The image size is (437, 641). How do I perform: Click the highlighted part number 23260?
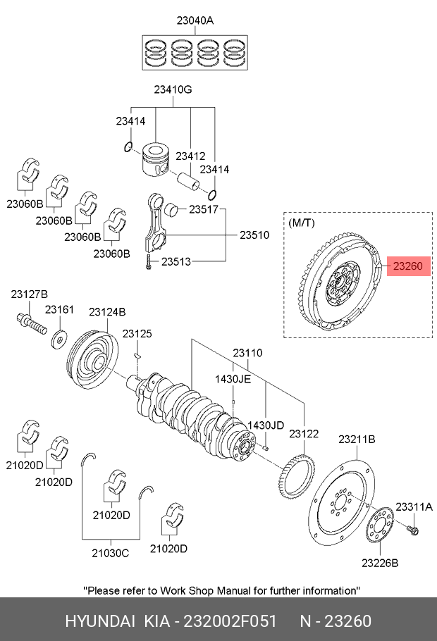coord(407,266)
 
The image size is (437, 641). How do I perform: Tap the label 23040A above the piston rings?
coord(195,20)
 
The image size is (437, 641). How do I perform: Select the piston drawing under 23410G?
coord(155,159)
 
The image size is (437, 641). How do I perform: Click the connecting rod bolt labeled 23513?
coord(148,261)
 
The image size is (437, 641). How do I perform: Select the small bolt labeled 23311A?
coord(413,530)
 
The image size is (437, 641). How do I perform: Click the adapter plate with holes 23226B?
coord(380,525)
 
